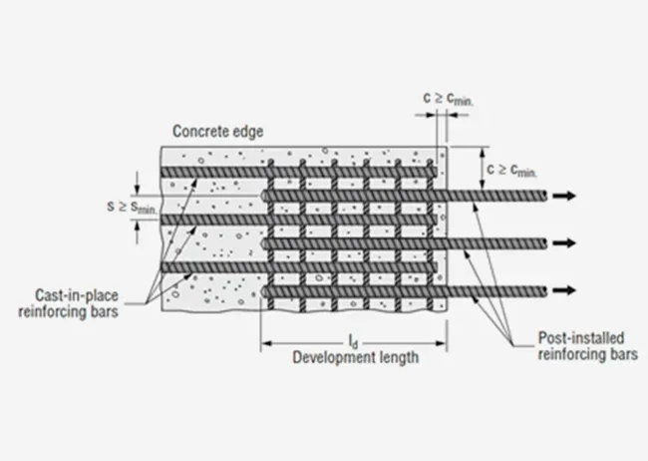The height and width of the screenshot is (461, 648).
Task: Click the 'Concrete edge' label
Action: (x=217, y=132)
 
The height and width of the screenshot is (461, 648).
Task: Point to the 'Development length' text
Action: (x=354, y=357)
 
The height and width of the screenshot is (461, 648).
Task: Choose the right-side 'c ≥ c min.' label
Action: (x=511, y=171)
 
